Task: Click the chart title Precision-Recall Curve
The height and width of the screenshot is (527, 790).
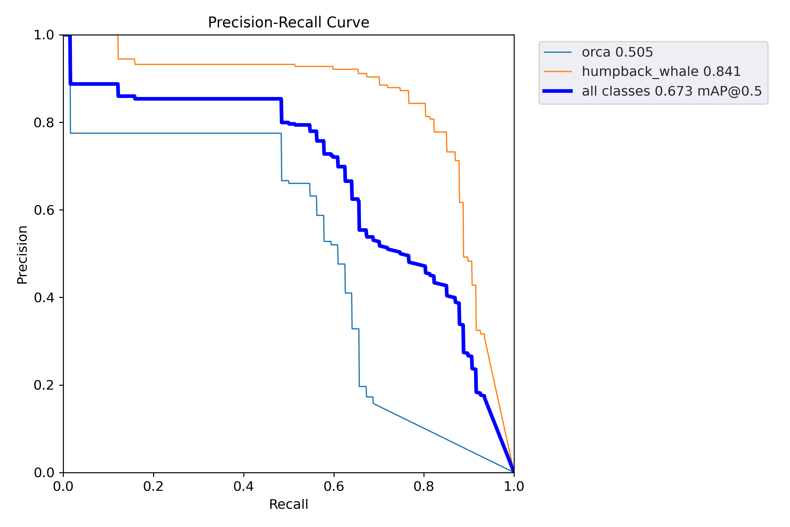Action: (x=288, y=22)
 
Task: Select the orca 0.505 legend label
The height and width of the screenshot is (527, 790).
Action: (x=617, y=52)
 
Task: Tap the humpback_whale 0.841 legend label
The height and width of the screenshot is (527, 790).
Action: (x=661, y=72)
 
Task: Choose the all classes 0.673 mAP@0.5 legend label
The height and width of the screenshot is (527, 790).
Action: (x=672, y=91)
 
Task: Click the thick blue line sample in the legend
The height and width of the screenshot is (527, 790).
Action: (x=558, y=91)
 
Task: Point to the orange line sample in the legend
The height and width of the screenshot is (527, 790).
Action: (x=558, y=72)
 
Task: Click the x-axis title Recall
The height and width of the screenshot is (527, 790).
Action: (x=288, y=505)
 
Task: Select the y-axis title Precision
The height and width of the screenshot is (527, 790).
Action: (x=22, y=255)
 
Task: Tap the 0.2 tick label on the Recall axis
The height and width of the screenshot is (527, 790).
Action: (x=153, y=487)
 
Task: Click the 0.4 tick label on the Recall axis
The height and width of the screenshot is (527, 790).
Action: (x=244, y=487)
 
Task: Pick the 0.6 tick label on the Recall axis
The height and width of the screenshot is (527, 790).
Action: (x=334, y=487)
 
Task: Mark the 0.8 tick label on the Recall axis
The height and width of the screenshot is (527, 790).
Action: (x=424, y=487)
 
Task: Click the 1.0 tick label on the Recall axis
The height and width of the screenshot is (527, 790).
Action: (x=514, y=487)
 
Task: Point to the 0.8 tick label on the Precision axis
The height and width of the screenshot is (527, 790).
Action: (x=44, y=123)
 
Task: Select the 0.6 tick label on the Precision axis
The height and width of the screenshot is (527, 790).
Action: (x=44, y=210)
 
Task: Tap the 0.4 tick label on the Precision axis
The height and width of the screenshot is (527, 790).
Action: (x=44, y=298)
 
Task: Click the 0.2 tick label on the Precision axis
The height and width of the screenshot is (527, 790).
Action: (x=44, y=385)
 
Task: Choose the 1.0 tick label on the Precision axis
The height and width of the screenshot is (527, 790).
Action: (x=44, y=35)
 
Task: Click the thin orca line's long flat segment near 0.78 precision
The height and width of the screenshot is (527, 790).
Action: (x=176, y=133)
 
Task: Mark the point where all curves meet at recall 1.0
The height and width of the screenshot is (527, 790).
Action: (x=514, y=472)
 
